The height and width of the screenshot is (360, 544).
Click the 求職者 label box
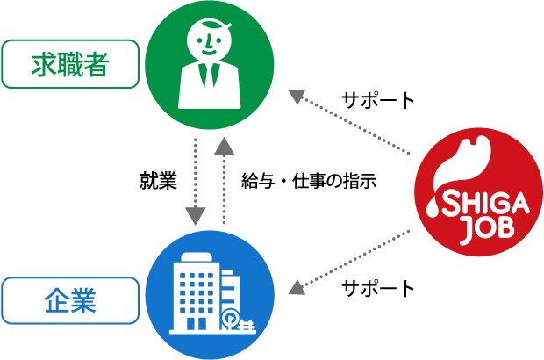(x=70, y=64)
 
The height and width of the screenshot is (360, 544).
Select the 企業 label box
(x=70, y=300)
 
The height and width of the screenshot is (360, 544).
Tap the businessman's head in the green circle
(x=209, y=40)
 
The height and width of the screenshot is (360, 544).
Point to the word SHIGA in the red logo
(x=485, y=204)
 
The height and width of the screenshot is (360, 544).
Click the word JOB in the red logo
(x=489, y=228)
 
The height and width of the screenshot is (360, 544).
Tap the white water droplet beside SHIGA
(x=433, y=207)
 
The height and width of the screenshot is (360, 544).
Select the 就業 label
(x=158, y=181)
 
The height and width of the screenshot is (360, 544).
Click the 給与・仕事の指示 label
(x=309, y=181)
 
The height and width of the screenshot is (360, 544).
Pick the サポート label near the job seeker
(x=378, y=100)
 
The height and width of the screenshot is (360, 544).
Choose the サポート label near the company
(x=378, y=289)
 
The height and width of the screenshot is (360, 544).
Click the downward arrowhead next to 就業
(x=196, y=216)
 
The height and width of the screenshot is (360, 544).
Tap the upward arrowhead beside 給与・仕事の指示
(x=224, y=146)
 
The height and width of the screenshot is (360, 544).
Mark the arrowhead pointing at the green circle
(x=297, y=97)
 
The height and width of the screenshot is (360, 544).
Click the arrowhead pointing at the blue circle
(x=297, y=288)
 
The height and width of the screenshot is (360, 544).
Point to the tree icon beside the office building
(x=229, y=319)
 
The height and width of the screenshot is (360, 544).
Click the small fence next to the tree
(x=247, y=326)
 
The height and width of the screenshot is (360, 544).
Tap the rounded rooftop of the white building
(x=197, y=257)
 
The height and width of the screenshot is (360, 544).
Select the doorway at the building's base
(x=196, y=323)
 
